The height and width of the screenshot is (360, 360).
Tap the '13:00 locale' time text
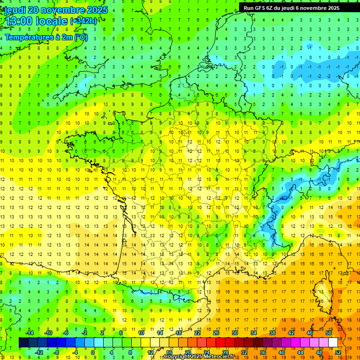pyautogui.click(x=36, y=21)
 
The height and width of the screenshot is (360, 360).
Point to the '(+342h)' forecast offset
pyautogui.click(x=83, y=21)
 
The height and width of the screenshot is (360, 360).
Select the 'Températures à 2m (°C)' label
pyautogui.click(x=46, y=37)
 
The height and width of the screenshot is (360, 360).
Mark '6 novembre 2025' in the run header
pyautogui.click(x=318, y=8)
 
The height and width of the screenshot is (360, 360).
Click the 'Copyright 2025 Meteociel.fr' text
pyautogui.click(x=199, y=357)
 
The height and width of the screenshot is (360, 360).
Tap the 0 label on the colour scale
pyautogui.click(x=93, y=352)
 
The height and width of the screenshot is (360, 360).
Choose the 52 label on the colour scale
pyautogui.click(x=338, y=352)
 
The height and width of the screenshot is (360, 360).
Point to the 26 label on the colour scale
pyautogui.click(x=216, y=333)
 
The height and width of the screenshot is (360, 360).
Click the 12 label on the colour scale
pyautogui.click(x=150, y=352)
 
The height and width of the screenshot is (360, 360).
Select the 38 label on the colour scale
pyautogui.click(x=272, y=333)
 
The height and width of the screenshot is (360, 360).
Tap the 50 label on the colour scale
pyautogui.click(x=329, y=333)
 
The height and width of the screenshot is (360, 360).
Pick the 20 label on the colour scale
pyautogui.click(x=187, y=352)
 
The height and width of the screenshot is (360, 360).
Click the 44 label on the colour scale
pyautogui.click(x=300, y=352)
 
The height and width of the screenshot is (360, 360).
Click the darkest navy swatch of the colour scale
pyautogui.click(x=23, y=343)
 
